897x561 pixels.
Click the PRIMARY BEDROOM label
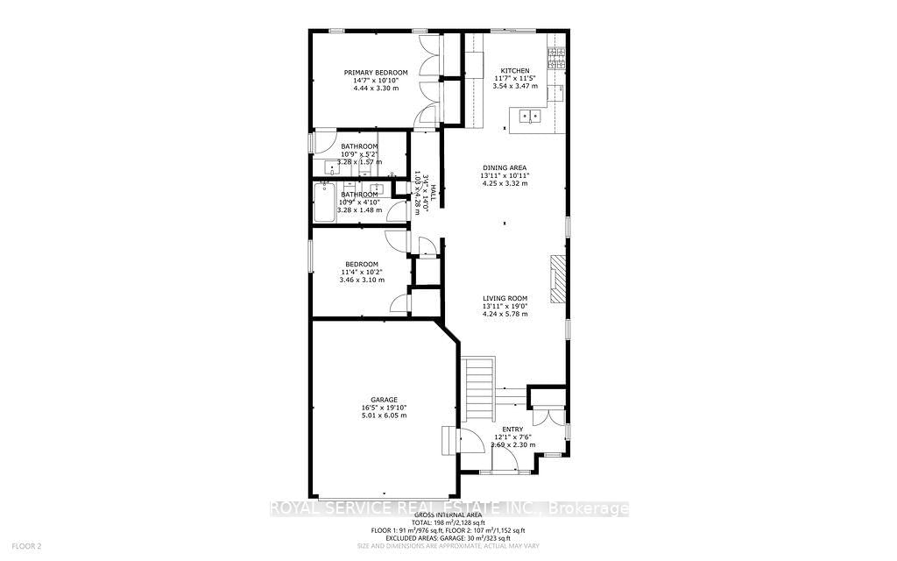pyautogui.click(x=375, y=72)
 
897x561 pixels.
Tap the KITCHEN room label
pyautogui.click(x=515, y=71)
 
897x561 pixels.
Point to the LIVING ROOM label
pyautogui.click(x=505, y=298)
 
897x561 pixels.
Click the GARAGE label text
pyautogui.click(x=384, y=399)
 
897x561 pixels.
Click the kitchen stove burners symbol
pyautogui.click(x=554, y=57)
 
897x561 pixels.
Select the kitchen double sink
pyautogui.click(x=529, y=116)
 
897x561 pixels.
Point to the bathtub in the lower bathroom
pyautogui.click(x=325, y=202)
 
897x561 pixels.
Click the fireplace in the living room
pyautogui.click(x=556, y=278)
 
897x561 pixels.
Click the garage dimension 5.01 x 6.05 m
pyautogui.click(x=384, y=415)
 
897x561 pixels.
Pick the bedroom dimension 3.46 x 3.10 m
pyautogui.click(x=361, y=280)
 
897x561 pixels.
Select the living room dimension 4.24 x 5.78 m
pyautogui.click(x=505, y=314)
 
